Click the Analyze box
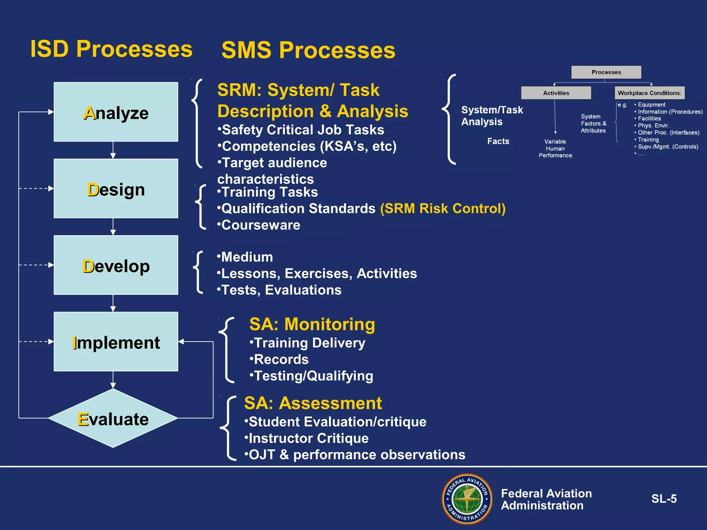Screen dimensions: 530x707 (116, 112)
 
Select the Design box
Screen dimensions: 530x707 (116, 189)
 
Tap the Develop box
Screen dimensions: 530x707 (116, 265)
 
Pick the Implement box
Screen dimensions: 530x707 (116, 342)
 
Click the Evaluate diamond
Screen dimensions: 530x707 (113, 419)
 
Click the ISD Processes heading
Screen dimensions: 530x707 (111, 49)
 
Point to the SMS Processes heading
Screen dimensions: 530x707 (308, 50)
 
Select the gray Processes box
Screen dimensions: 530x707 (606, 72)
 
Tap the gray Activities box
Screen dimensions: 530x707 (556, 93)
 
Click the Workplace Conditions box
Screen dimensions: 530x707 (649, 93)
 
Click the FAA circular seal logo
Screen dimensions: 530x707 (467, 499)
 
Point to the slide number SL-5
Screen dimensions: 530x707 (664, 499)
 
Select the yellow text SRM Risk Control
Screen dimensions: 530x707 (443, 208)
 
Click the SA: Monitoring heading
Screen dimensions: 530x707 (312, 324)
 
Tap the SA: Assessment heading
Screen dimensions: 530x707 (313, 403)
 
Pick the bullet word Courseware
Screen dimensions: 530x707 (261, 225)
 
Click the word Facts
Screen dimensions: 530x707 (498, 141)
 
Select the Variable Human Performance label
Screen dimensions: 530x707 (555, 148)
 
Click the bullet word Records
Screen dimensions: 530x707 (281, 360)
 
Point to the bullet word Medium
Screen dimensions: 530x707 (247, 257)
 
